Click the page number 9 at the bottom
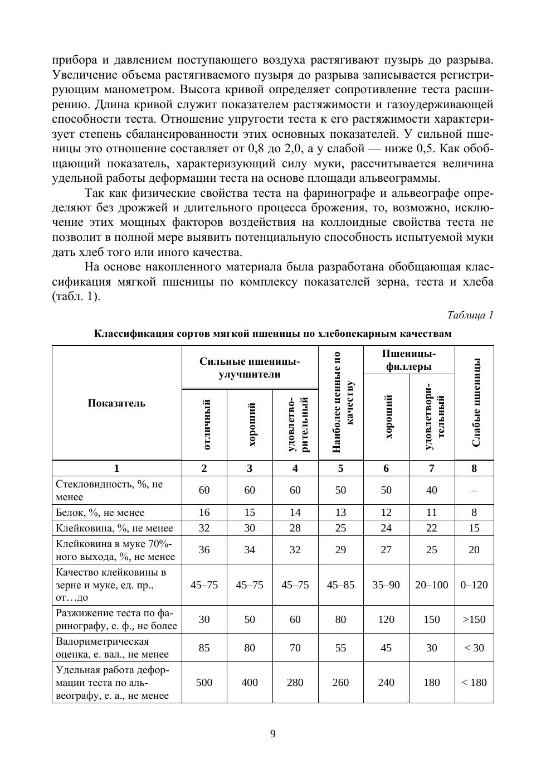tap(273, 734)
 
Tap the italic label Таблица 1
tap(470, 315)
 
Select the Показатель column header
tap(116, 403)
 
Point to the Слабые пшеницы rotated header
tap(476, 403)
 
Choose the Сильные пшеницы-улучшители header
tap(250, 368)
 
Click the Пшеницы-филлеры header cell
tap(409, 360)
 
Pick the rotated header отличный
tap(204, 424)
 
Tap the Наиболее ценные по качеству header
tap(340, 403)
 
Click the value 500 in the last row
tap(204, 682)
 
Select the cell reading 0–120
tap(474, 584)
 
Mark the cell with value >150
tap(474, 619)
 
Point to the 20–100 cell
tap(432, 584)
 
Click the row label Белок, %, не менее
tap(100, 513)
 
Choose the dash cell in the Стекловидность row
tap(474, 490)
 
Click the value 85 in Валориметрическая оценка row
tap(204, 648)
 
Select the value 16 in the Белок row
tap(204, 513)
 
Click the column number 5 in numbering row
tap(340, 468)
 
